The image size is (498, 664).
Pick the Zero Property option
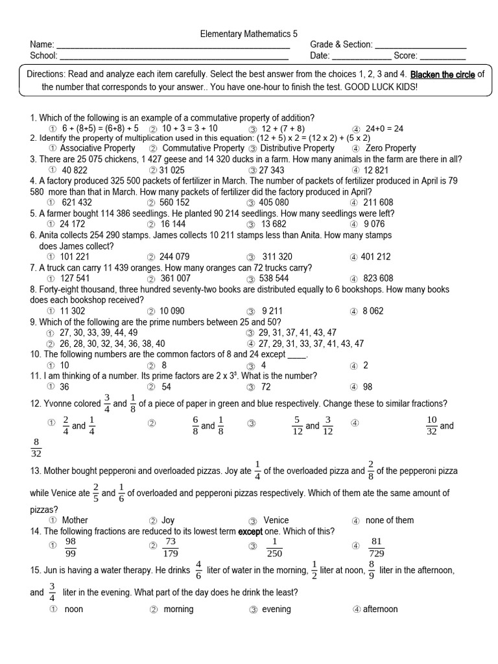[390, 148]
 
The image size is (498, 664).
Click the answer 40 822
[75, 170]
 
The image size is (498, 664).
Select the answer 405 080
[274, 202]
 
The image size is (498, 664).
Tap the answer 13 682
[274, 224]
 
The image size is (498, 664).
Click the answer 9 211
[272, 311]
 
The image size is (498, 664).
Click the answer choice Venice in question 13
[276, 520]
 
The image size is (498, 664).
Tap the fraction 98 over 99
[71, 547]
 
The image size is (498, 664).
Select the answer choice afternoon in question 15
[380, 609]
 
